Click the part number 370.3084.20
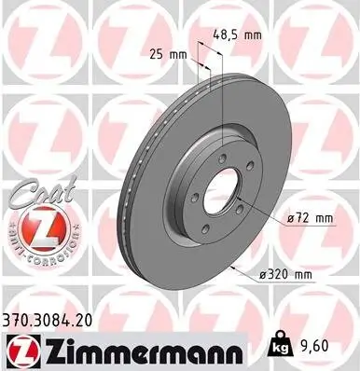coord(55,320)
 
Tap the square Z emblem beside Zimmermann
coord(22,348)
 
